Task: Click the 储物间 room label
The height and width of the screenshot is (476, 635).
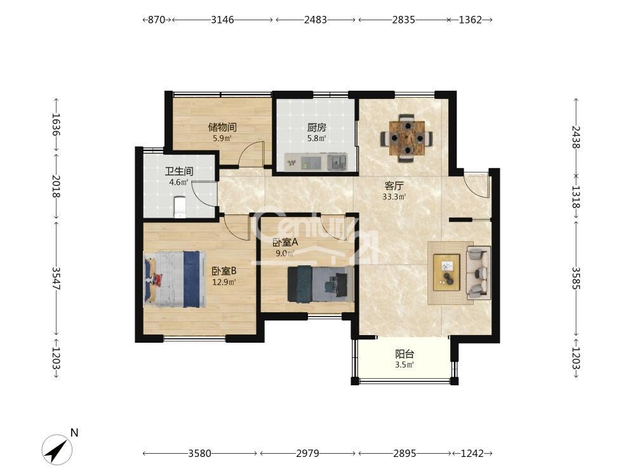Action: [x=222, y=127]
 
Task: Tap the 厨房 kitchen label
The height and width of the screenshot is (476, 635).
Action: [x=316, y=128]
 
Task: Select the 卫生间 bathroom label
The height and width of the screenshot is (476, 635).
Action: [x=178, y=171]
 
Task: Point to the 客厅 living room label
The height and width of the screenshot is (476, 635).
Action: [x=394, y=186]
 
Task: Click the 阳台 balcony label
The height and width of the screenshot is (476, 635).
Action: [x=404, y=354]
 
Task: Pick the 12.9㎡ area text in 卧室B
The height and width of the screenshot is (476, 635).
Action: [x=224, y=282]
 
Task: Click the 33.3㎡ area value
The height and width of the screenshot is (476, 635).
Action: [x=394, y=197]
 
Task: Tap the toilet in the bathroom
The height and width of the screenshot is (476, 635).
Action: [x=180, y=207]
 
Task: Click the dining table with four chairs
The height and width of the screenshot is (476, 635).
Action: [x=406, y=138]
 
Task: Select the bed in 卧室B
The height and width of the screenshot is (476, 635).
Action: [x=175, y=279]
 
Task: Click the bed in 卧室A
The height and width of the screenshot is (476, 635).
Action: [x=320, y=284]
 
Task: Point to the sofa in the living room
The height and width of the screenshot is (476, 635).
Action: [x=478, y=272]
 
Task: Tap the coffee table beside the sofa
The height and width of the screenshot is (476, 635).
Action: [x=446, y=272]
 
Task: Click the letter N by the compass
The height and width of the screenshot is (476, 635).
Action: [x=74, y=433]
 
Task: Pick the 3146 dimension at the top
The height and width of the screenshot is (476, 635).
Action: [x=222, y=20]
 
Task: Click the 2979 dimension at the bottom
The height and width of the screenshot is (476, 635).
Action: [x=307, y=453]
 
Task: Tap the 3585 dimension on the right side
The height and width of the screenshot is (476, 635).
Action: [x=576, y=278]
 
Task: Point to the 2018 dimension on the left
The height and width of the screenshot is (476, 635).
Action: [x=56, y=186]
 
